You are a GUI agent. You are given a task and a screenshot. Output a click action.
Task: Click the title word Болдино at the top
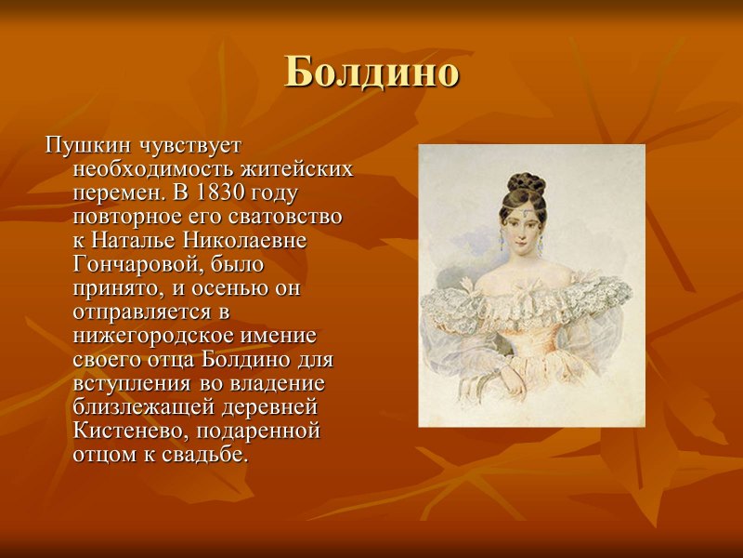point(371,72)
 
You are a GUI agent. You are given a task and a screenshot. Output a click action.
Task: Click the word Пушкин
point(86,146)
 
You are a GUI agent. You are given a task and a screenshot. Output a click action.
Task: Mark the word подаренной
point(259,431)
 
